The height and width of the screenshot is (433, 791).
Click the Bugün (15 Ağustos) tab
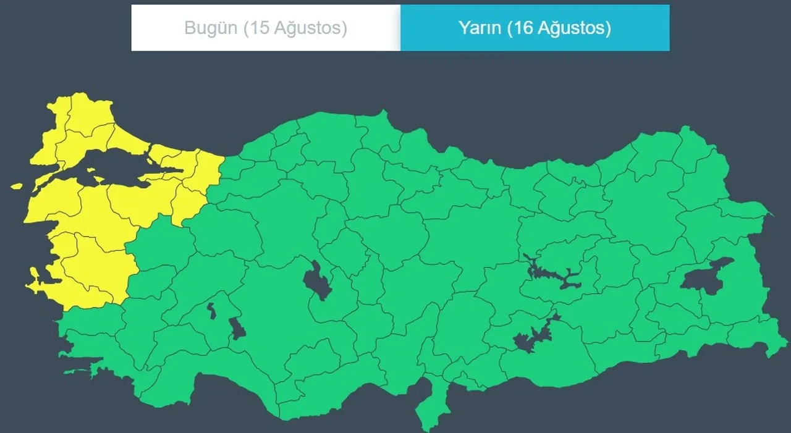pos(266,28)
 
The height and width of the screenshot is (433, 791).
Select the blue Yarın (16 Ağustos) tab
pos(535,28)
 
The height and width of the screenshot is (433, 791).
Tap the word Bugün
pos(211,28)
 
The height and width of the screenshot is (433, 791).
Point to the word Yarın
pos(480,28)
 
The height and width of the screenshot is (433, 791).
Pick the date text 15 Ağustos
pos(294,28)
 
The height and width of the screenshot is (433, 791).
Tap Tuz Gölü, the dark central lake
pos(317,281)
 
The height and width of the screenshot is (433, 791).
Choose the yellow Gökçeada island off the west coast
pos(16,186)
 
